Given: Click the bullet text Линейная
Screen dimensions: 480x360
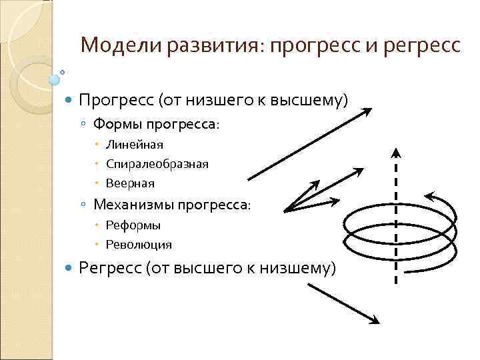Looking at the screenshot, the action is click(x=134, y=144).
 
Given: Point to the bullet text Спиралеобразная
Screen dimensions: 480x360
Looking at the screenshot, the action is click(x=157, y=164).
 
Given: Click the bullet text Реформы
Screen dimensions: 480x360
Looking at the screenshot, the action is click(x=133, y=225).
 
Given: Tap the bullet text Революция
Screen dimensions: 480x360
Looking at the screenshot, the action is click(x=139, y=245).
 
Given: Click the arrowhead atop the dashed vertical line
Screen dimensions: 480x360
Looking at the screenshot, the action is click(x=396, y=151).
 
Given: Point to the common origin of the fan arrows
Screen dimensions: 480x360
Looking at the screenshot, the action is click(x=285, y=211).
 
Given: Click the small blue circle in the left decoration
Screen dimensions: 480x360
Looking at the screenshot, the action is click(x=55, y=81).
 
